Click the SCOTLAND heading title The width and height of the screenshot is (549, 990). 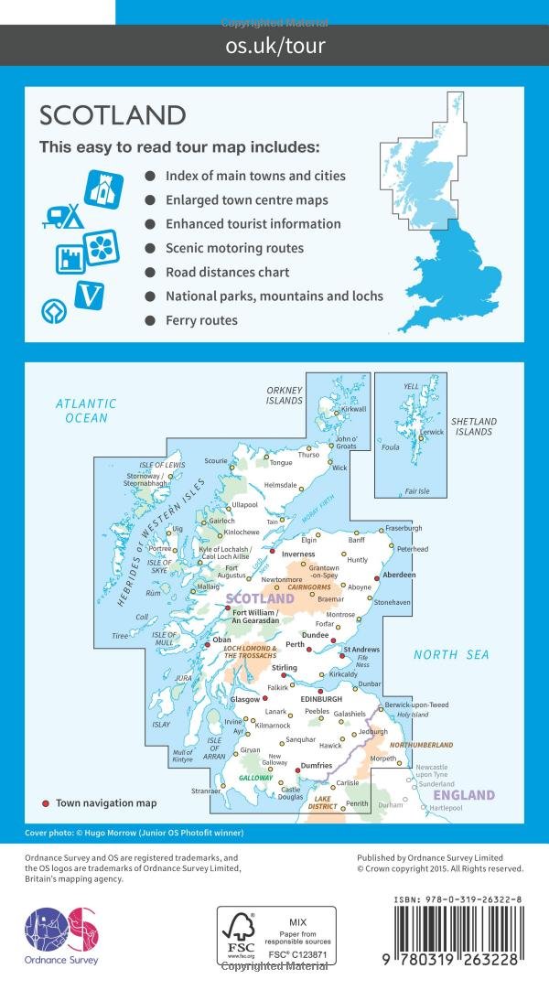(113, 116)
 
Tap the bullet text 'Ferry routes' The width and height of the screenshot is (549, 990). (201, 320)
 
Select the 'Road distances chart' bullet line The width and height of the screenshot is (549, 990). (227, 272)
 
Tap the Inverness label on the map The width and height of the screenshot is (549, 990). (298, 554)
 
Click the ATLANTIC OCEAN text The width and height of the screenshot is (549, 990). (86, 411)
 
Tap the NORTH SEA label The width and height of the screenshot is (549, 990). (451, 654)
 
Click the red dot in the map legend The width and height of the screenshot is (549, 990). (46, 803)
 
